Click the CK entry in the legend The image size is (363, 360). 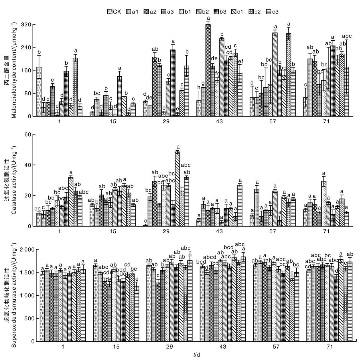(114, 12)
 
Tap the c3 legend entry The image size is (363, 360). (272, 12)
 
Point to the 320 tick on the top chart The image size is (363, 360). (27, 25)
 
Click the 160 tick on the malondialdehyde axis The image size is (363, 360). (27, 70)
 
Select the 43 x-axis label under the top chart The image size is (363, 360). (220, 121)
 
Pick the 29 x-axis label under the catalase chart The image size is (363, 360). (166, 231)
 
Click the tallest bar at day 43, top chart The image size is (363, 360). (208, 70)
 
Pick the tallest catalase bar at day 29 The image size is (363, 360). (177, 189)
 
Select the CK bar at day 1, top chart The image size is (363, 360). (39, 92)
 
